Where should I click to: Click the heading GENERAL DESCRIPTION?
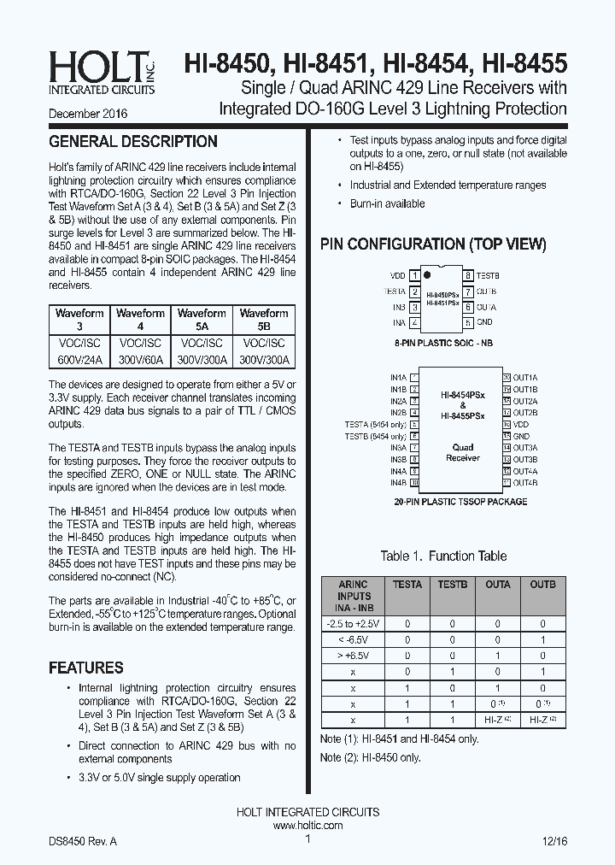133,142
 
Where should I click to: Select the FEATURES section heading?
86,668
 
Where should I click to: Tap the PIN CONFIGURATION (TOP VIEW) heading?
433,244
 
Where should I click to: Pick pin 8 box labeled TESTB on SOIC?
469,276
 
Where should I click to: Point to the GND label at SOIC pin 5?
484,322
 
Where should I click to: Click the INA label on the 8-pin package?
399,322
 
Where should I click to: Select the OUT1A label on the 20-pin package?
524,377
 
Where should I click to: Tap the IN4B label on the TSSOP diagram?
398,483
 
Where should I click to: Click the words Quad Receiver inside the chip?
462,452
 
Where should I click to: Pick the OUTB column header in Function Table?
542,585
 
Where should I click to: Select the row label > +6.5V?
354,656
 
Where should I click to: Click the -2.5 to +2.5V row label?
354,623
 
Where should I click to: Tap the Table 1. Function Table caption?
443,556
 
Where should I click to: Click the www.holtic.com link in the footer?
307,826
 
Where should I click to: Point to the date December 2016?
88,113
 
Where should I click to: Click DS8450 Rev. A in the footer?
83,841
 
